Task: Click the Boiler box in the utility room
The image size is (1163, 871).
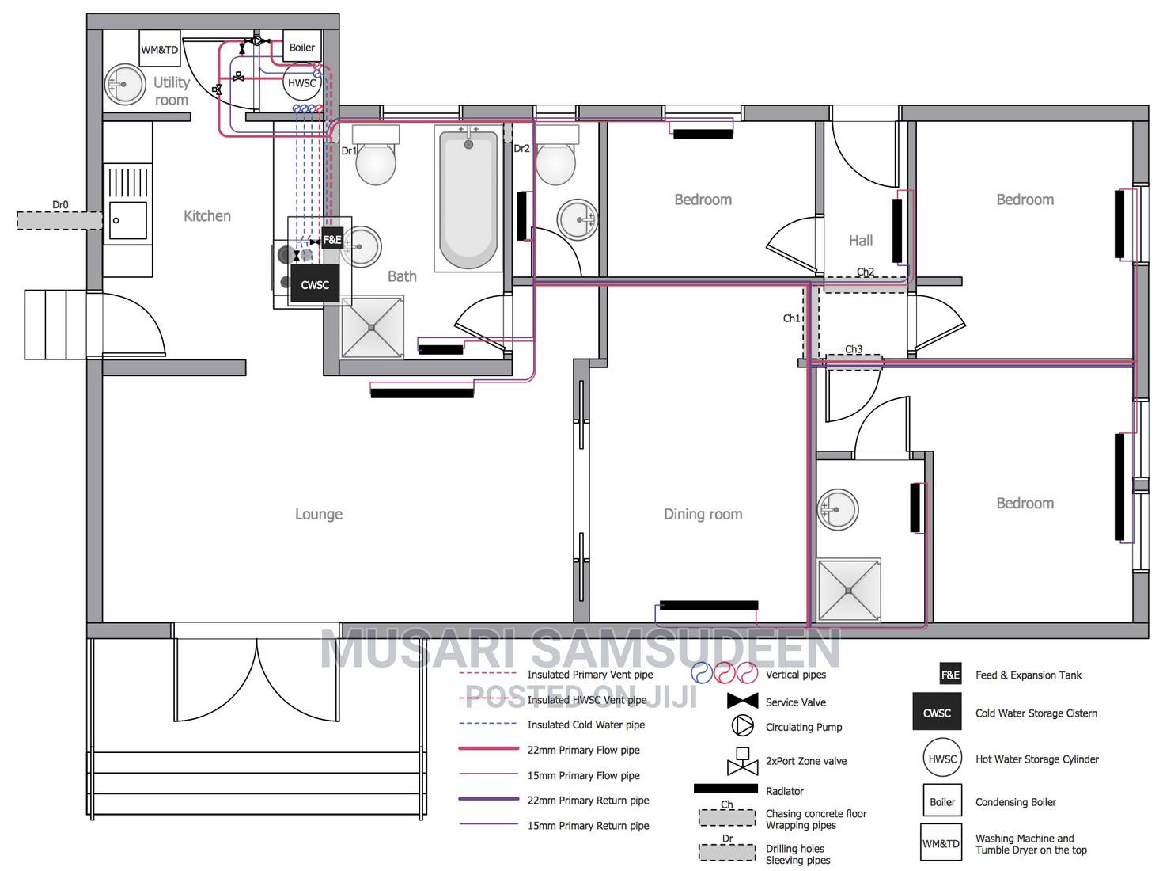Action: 301,48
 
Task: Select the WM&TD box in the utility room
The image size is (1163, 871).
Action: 160,49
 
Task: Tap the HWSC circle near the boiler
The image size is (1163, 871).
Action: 301,82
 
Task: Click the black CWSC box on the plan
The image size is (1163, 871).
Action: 315,284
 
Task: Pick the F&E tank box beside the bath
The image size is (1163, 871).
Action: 332,239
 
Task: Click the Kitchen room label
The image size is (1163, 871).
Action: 207,215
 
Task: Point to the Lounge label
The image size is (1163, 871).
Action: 319,514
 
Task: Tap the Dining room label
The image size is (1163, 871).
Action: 703,514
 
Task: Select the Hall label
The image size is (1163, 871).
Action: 861,241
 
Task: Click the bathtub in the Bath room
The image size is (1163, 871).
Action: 468,198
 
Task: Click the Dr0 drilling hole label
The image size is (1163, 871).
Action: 60,205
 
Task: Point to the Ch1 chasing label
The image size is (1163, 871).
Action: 791,318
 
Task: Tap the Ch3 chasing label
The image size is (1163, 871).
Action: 854,349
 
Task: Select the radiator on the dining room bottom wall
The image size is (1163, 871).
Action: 708,605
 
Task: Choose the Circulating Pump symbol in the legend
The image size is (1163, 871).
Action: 743,725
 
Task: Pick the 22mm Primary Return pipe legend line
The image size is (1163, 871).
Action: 488,800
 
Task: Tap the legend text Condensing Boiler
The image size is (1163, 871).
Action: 1015,802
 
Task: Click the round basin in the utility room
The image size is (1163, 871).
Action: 125,85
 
